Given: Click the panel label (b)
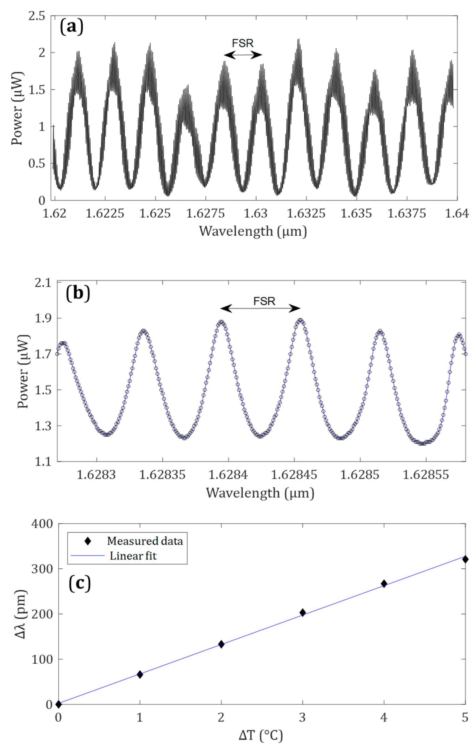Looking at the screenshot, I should pos(78,294).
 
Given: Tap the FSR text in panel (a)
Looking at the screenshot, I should pos(243,43).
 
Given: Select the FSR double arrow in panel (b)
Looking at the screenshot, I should pos(260,309).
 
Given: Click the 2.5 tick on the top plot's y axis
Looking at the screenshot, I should pos(37,16).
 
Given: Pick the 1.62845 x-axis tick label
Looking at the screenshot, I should pos(294,475).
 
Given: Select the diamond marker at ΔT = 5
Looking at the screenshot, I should pos(465,559).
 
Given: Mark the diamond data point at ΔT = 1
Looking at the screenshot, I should pos(140,675).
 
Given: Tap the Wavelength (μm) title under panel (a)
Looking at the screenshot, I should pos(253,231).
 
